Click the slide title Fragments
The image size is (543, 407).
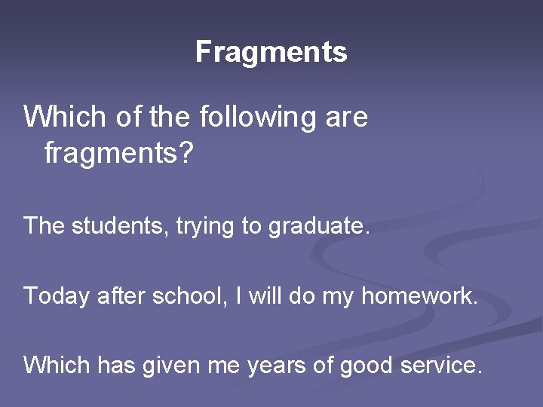click(x=271, y=52)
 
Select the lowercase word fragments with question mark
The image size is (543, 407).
click(x=119, y=155)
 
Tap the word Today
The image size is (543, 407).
click(x=57, y=296)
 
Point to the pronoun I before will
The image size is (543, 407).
click(x=239, y=295)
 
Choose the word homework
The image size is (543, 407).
click(x=420, y=295)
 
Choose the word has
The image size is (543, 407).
click(x=114, y=366)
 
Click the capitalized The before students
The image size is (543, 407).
click(x=44, y=225)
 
